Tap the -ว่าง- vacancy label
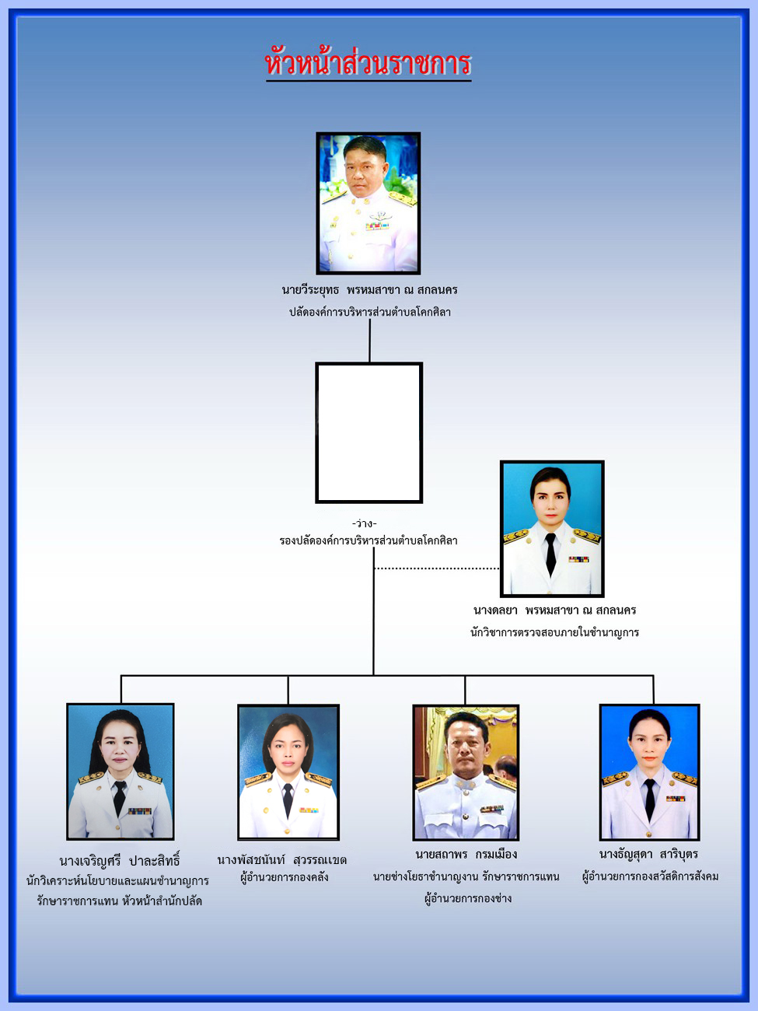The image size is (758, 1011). pyautogui.click(x=364, y=523)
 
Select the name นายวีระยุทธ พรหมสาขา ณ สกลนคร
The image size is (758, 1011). pyautogui.click(x=369, y=290)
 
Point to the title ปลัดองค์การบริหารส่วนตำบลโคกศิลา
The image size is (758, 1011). pyautogui.click(x=369, y=312)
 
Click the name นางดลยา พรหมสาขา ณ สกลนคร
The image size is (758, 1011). pyautogui.click(x=554, y=610)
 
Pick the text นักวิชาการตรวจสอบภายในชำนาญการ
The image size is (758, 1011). pyautogui.click(x=554, y=632)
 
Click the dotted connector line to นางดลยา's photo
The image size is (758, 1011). pyautogui.click(x=437, y=568)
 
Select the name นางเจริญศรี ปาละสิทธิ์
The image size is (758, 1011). pyautogui.click(x=120, y=860)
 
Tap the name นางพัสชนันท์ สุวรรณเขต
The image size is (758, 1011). pyautogui.click(x=282, y=860)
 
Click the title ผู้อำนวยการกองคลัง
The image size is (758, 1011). pyautogui.click(x=285, y=877)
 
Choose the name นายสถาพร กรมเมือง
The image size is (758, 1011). pyautogui.click(x=466, y=855)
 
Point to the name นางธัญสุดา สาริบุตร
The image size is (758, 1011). pyautogui.click(x=648, y=855)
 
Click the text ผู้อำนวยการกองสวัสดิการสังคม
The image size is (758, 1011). pyautogui.click(x=650, y=876)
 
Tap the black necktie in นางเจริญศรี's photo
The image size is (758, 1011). pyautogui.click(x=120, y=798)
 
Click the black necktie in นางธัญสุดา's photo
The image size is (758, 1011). pyautogui.click(x=649, y=799)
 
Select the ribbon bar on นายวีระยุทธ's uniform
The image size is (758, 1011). pyautogui.click(x=377, y=226)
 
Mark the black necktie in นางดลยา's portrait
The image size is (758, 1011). pyautogui.click(x=550, y=554)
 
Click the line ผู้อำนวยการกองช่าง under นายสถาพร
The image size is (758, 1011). pyautogui.click(x=468, y=898)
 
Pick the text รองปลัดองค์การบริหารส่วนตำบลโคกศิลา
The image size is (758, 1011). pyautogui.click(x=369, y=540)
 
